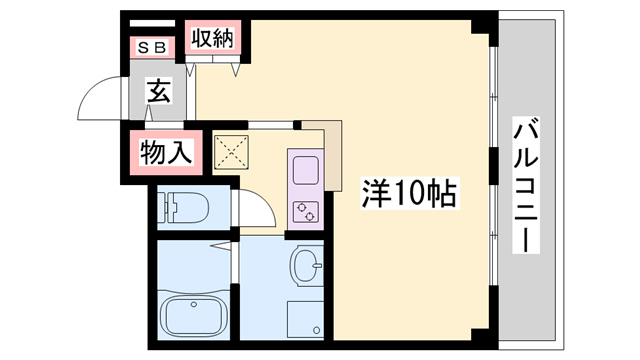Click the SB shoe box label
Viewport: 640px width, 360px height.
[x=153, y=46]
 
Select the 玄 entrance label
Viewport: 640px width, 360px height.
[x=158, y=92]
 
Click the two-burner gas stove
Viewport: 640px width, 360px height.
[x=305, y=210]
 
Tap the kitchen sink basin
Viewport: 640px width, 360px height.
[x=304, y=167]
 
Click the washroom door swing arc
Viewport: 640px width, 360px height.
[x=258, y=208]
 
